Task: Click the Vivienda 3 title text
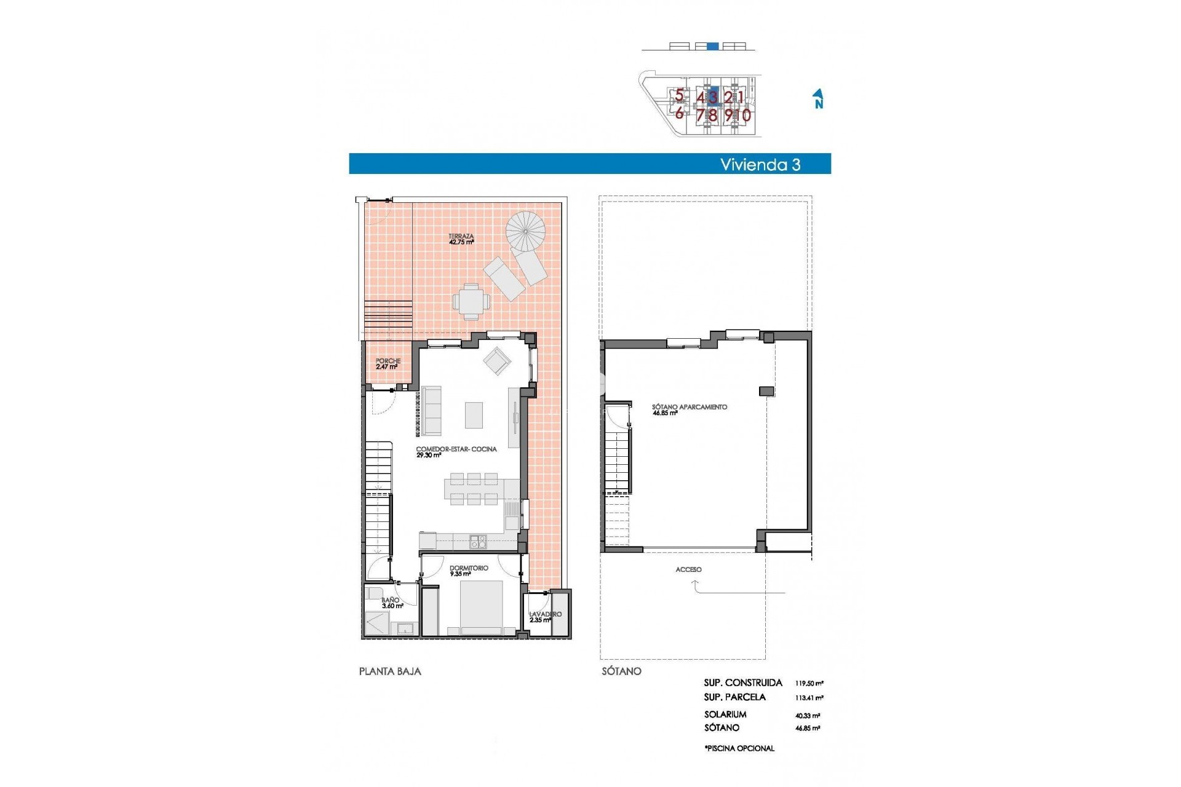760,164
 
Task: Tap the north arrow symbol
818,99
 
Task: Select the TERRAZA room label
461,239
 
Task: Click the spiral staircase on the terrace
526,231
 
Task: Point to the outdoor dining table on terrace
472,301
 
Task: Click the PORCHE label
388,363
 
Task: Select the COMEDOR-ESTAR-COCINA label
456,451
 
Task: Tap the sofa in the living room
431,411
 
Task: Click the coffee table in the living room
474,415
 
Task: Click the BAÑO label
391,602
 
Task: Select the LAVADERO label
545,616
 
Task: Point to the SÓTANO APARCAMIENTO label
689,409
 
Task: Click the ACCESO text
688,569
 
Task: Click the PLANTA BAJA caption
390,671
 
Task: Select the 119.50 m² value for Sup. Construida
809,683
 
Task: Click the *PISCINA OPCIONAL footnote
739,748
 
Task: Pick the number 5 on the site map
679,95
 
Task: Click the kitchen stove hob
478,542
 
